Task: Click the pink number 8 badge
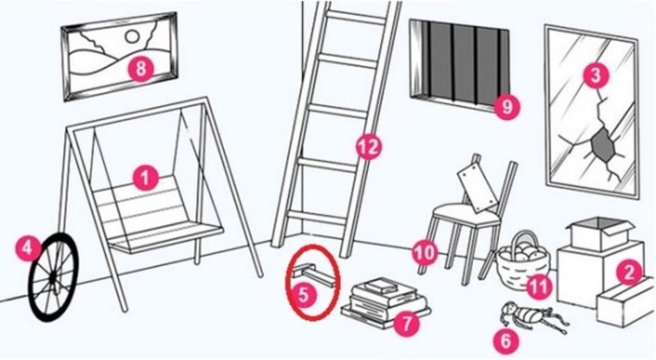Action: tap(140, 68)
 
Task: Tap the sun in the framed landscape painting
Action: tap(132, 37)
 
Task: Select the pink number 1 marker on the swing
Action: tap(146, 178)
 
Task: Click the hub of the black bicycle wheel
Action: tap(53, 276)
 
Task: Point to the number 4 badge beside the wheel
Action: tap(27, 249)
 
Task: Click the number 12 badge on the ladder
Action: tap(369, 146)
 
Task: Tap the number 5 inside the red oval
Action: tap(304, 294)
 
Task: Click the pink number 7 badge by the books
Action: tap(406, 323)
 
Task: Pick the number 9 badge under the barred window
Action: tap(506, 106)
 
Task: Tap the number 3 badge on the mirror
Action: tap(596, 76)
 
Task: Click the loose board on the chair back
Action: tap(478, 186)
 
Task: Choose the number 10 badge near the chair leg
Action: tap(425, 253)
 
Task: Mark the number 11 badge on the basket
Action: tap(539, 286)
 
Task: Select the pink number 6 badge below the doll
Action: tap(506, 340)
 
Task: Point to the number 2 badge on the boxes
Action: tap(629, 272)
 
